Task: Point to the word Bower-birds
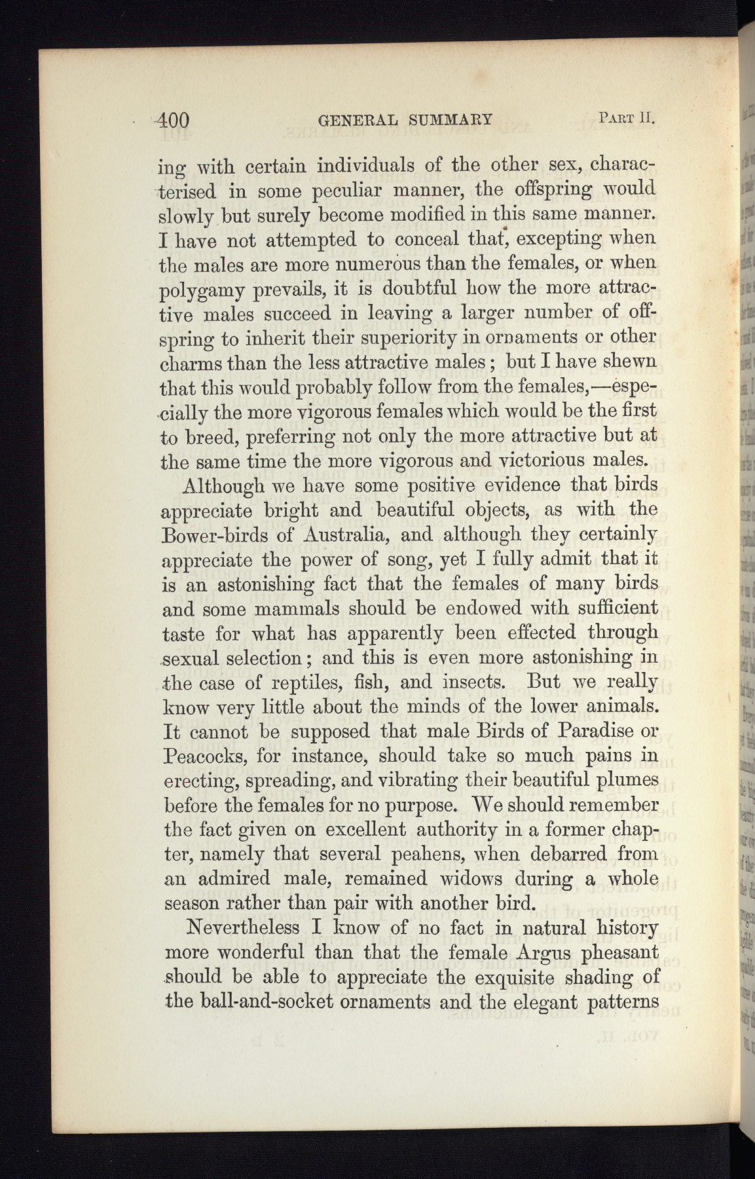212,534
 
